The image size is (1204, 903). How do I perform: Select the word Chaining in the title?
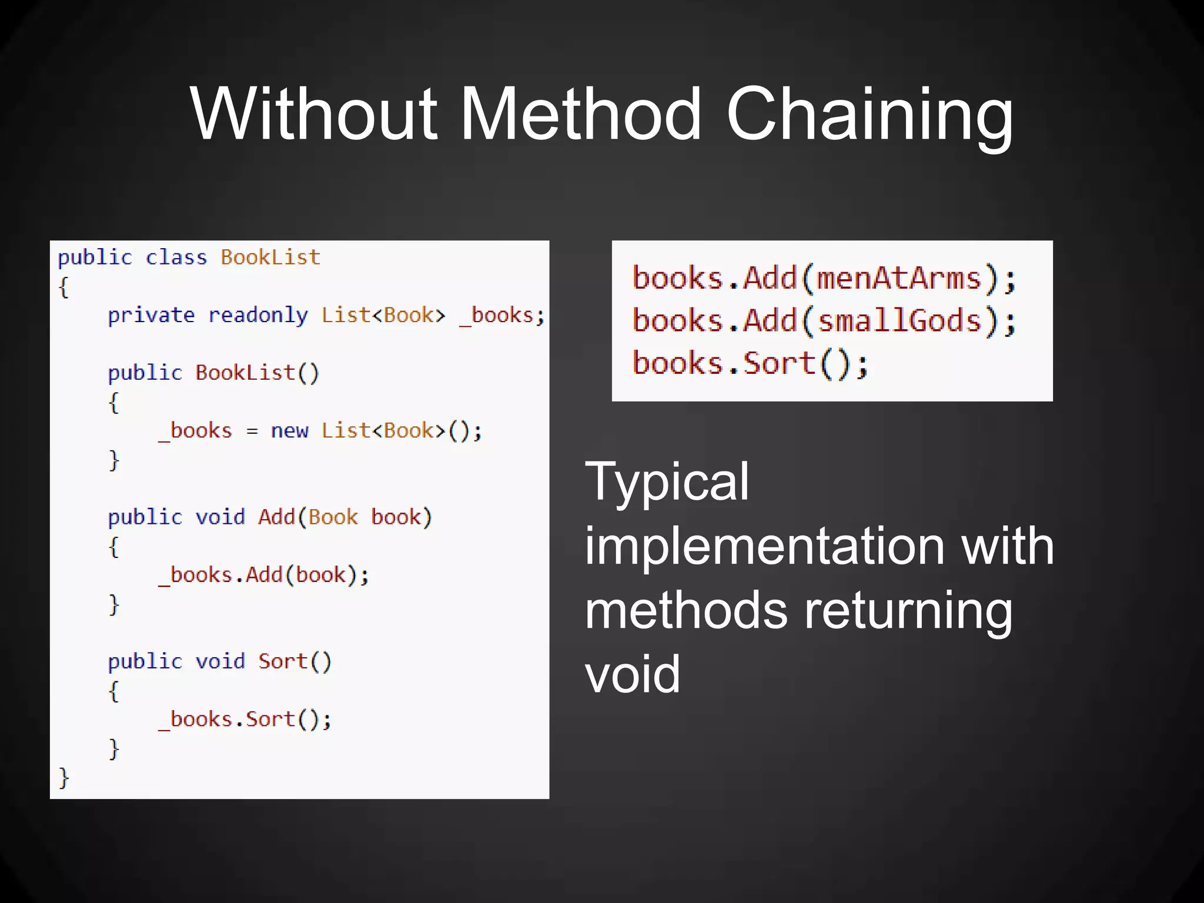(x=869, y=115)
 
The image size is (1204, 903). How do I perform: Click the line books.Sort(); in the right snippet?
(x=750, y=363)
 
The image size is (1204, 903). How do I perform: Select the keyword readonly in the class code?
(x=258, y=316)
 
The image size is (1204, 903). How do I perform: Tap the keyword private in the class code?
(x=151, y=316)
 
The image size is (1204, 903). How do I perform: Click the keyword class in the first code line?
(x=176, y=257)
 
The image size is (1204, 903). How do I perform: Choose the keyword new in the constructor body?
(x=289, y=431)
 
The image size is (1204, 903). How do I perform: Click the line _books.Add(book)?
(x=264, y=575)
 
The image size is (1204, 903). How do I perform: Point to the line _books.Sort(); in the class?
(x=245, y=720)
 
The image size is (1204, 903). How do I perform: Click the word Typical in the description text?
(x=667, y=483)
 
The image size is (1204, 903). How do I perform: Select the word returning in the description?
(x=908, y=611)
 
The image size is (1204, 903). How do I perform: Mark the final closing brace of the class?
(x=64, y=777)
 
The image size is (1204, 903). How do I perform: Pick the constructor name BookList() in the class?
(x=257, y=373)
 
